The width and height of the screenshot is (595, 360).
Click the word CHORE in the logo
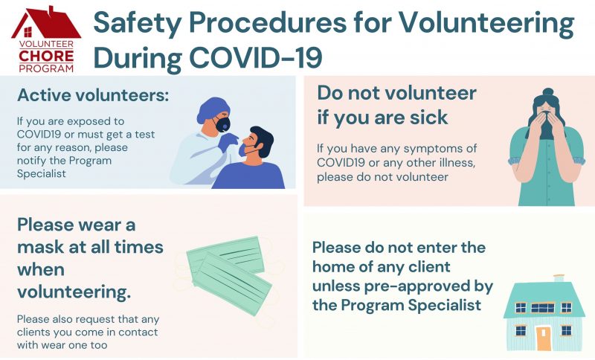(x=46, y=56)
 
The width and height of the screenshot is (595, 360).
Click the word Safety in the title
(x=138, y=23)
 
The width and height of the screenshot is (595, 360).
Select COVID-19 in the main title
(x=256, y=58)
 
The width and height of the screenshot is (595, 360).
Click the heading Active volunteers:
(x=93, y=95)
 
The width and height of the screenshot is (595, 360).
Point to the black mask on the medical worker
(x=222, y=124)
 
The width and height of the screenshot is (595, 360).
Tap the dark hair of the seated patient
(x=263, y=141)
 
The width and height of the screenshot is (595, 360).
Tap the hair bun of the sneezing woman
(x=548, y=92)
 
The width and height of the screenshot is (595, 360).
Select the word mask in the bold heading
(x=42, y=248)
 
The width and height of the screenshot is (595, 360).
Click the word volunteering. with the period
(x=74, y=292)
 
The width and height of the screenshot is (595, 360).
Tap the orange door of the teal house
(x=544, y=337)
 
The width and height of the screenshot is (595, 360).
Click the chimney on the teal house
(x=559, y=278)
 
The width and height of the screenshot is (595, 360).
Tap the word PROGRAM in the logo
(x=46, y=68)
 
